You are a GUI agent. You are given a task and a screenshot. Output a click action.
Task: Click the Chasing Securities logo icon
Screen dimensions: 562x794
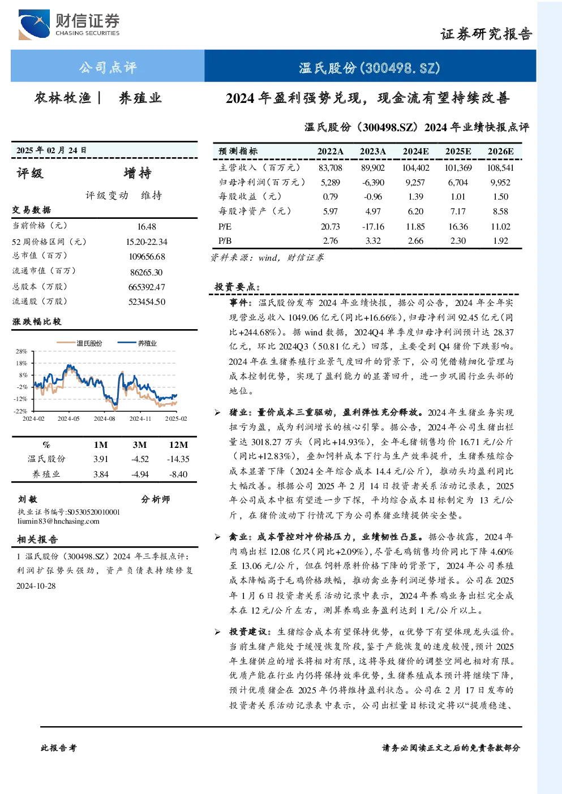[x=34, y=24]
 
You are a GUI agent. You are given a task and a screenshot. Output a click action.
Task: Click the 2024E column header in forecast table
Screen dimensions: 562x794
[x=415, y=152]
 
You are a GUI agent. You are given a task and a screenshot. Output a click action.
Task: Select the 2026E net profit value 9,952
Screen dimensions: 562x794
[x=500, y=183]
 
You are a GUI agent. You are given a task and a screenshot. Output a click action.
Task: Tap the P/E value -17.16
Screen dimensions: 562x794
[x=373, y=227]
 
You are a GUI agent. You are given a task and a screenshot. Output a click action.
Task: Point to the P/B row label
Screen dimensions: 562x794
[x=225, y=241]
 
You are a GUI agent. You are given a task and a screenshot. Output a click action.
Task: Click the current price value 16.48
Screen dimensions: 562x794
[x=147, y=227]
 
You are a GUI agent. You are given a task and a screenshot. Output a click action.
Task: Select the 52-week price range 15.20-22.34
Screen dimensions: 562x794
[x=147, y=241]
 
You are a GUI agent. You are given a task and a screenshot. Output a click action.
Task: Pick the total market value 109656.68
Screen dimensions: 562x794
[x=147, y=257]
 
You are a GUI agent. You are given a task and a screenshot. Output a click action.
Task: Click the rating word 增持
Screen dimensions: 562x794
[x=138, y=173]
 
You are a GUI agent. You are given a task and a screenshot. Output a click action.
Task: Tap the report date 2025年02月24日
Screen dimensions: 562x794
[x=52, y=150]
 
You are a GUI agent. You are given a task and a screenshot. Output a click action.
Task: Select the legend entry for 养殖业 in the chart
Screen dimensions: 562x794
[x=137, y=343]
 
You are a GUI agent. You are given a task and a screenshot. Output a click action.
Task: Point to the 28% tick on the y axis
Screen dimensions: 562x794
[x=22, y=351]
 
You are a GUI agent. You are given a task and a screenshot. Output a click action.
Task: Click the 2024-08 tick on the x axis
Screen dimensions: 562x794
[x=104, y=418]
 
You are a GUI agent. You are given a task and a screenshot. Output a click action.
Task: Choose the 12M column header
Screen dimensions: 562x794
[x=178, y=445]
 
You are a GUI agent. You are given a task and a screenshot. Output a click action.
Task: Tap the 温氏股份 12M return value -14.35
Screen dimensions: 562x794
[x=178, y=459]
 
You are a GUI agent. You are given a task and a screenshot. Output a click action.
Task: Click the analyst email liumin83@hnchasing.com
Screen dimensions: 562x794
[x=58, y=521]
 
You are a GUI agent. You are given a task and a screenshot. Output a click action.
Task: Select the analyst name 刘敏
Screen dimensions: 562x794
[x=28, y=499]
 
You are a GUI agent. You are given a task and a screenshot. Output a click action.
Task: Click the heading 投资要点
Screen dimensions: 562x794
[x=237, y=287]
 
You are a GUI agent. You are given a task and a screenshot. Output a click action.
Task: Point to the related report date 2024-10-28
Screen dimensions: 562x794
[x=36, y=586]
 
